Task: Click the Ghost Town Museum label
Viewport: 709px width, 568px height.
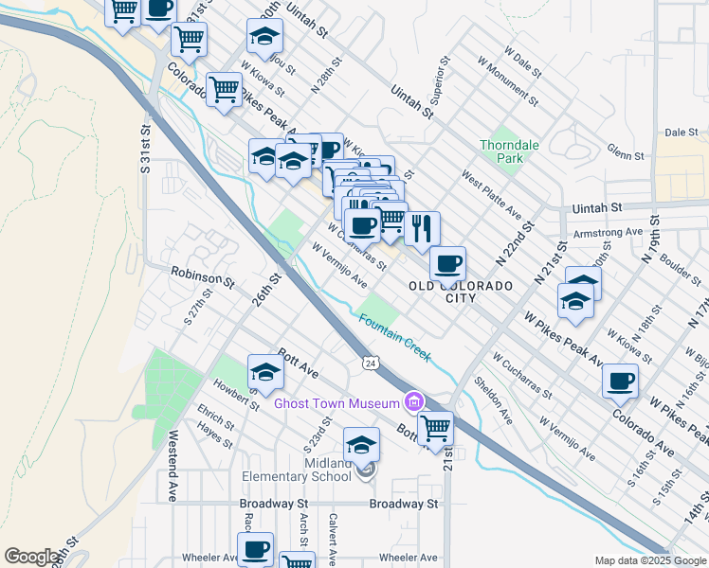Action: (336, 403)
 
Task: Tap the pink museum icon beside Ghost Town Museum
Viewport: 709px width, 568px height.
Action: (413, 402)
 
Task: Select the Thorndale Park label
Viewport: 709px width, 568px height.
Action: (501, 151)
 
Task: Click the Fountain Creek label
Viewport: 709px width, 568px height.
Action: (394, 336)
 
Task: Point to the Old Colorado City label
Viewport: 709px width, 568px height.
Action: (461, 292)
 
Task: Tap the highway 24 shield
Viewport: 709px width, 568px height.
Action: (371, 363)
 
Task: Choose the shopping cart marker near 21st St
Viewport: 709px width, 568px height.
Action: (435, 428)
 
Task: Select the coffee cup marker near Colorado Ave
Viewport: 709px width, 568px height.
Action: (621, 381)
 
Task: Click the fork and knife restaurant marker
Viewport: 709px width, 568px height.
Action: (422, 227)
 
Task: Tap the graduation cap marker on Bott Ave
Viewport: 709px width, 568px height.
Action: (265, 372)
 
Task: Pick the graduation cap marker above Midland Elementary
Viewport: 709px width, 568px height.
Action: (361, 444)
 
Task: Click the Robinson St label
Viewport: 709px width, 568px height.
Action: (202, 276)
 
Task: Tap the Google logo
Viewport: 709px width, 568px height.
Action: (30, 557)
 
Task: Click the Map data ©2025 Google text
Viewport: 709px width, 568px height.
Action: (649, 560)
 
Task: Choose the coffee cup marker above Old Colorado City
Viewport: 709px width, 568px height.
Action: (447, 262)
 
